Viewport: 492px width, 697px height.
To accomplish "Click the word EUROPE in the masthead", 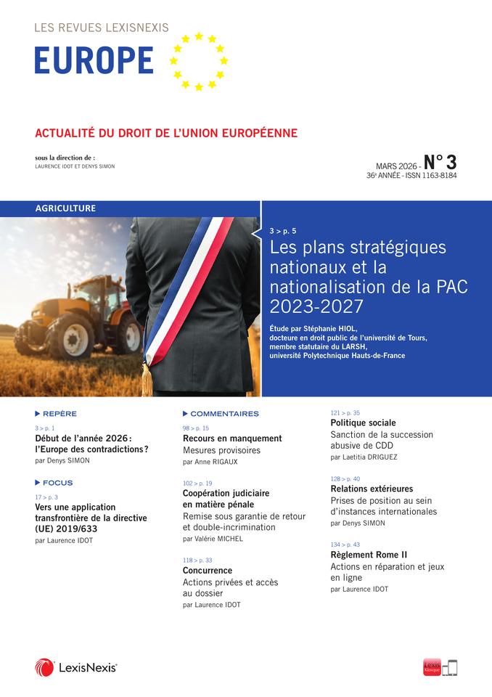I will click(94, 60).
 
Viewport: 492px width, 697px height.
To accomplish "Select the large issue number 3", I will click(450, 161).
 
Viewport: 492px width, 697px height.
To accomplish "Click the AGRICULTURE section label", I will click(66, 208).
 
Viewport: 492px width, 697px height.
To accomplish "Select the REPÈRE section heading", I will click(60, 413).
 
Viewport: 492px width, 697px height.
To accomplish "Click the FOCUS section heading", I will click(58, 482).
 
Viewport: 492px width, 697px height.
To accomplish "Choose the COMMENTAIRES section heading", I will click(224, 413).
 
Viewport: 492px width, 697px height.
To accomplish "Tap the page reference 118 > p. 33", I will click(197, 560).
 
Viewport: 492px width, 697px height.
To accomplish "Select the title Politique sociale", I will click(363, 423).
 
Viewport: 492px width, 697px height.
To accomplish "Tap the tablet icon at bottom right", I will click(451, 667).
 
